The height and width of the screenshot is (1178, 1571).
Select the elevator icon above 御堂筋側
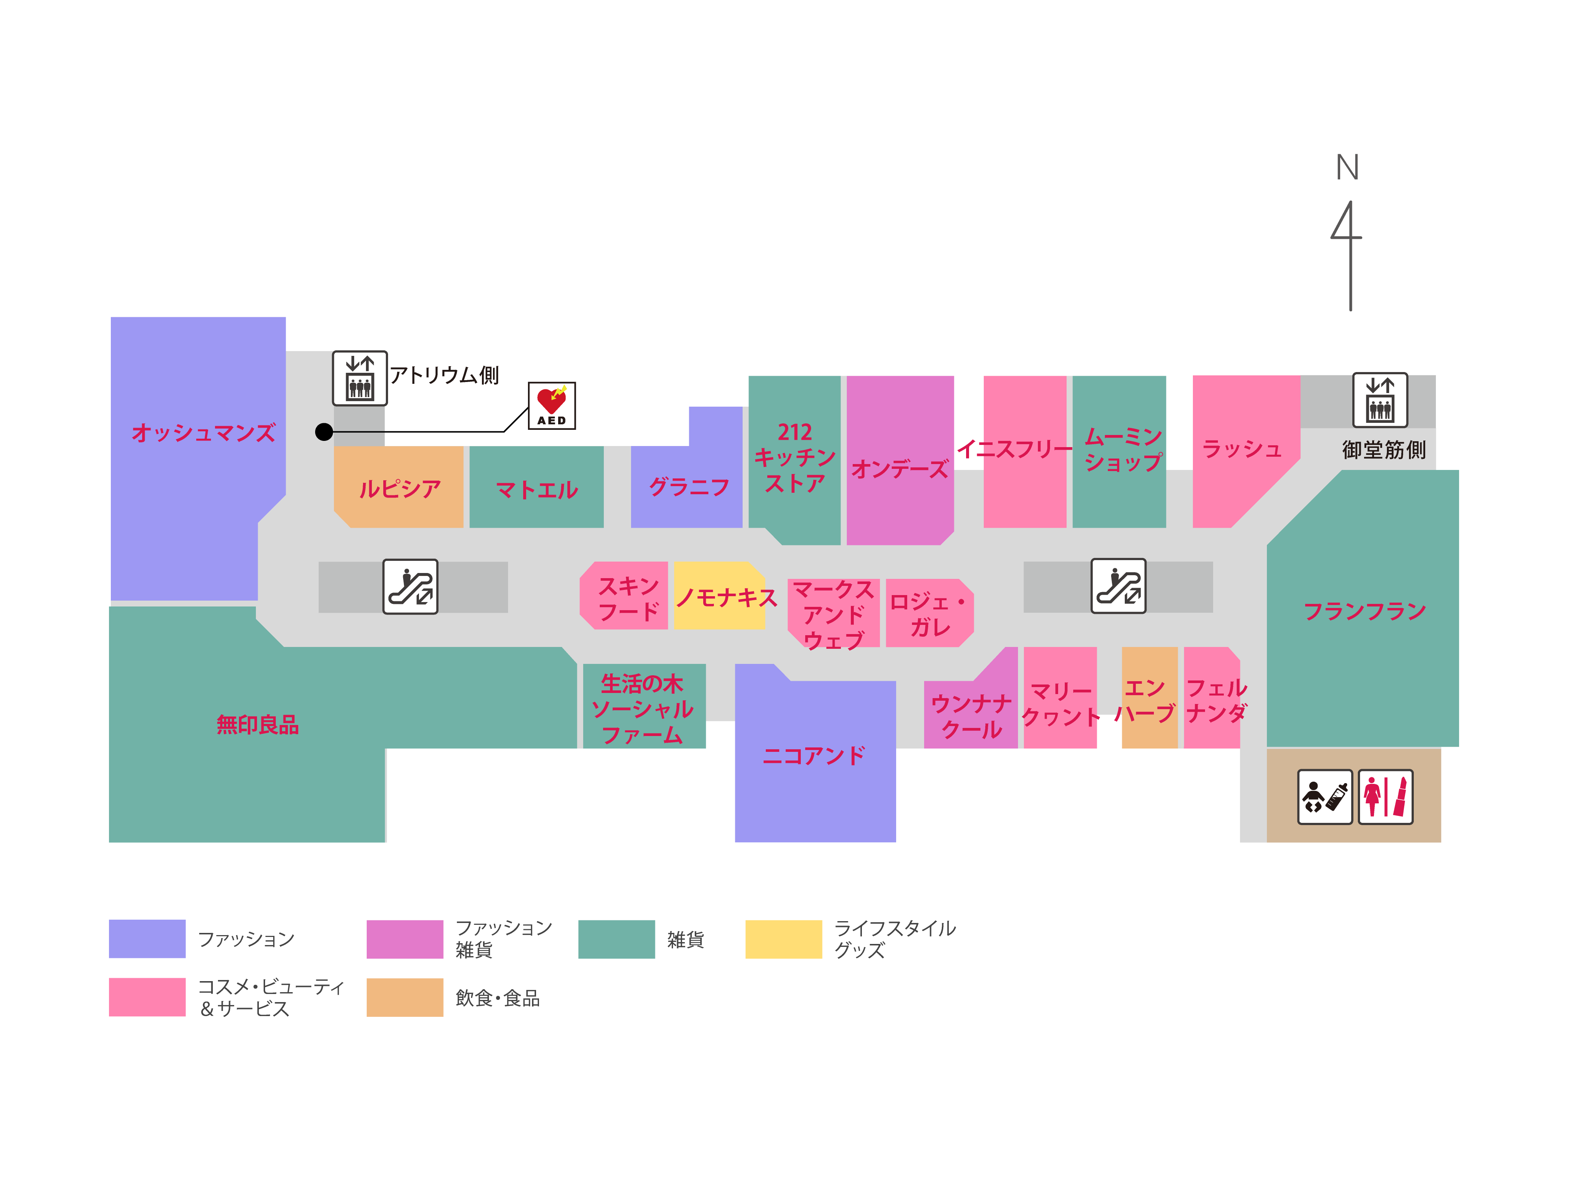1380,400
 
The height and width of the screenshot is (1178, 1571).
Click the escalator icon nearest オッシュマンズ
411,587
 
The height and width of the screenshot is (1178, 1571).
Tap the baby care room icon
1325,797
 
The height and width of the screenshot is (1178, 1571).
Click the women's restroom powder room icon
1386,797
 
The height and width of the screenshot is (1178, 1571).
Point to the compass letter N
1347,167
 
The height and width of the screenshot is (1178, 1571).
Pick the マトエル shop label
537,489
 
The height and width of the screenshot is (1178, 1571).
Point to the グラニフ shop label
689,487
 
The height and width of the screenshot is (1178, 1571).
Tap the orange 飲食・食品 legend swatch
405,997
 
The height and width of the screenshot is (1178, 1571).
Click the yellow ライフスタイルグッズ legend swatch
783,939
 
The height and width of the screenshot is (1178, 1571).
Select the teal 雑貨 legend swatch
616,939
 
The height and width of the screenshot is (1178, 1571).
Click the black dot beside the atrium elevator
324,432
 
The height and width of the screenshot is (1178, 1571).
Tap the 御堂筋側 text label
1384,449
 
